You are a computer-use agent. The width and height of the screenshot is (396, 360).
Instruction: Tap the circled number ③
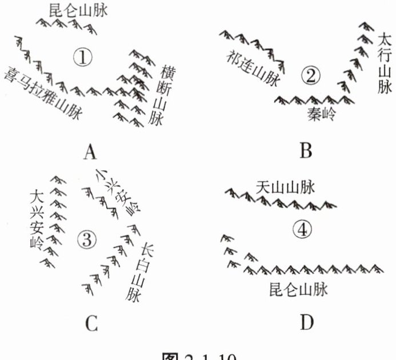click(85, 240)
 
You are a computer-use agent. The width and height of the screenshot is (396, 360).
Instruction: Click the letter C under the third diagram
click(91, 324)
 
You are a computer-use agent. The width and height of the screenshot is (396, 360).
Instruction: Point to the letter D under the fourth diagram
click(307, 323)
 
